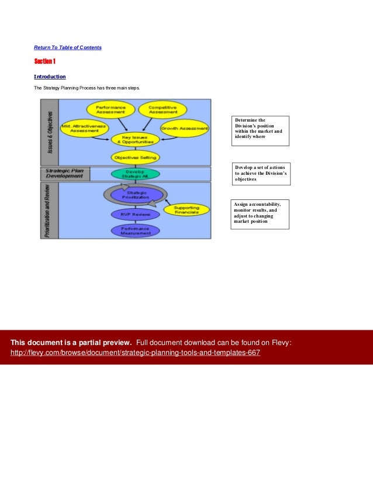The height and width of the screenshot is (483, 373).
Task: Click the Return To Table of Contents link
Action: point(67,47)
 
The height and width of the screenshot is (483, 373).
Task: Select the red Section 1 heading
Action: point(44,61)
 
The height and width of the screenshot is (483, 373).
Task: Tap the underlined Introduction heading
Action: point(50,77)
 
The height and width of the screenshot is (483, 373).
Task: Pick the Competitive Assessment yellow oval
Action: point(162,109)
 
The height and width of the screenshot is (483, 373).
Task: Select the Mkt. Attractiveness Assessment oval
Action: point(84,128)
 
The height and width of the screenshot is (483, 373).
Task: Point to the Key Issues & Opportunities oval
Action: point(135,140)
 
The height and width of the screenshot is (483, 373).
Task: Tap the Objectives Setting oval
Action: point(135,157)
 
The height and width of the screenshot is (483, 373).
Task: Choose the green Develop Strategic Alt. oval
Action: point(135,174)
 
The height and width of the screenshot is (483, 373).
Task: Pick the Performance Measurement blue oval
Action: point(135,230)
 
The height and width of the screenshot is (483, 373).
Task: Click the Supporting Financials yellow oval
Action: point(186,210)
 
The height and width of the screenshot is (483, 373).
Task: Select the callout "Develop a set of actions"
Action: point(261,174)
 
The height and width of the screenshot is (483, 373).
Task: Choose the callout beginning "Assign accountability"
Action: point(260,213)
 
